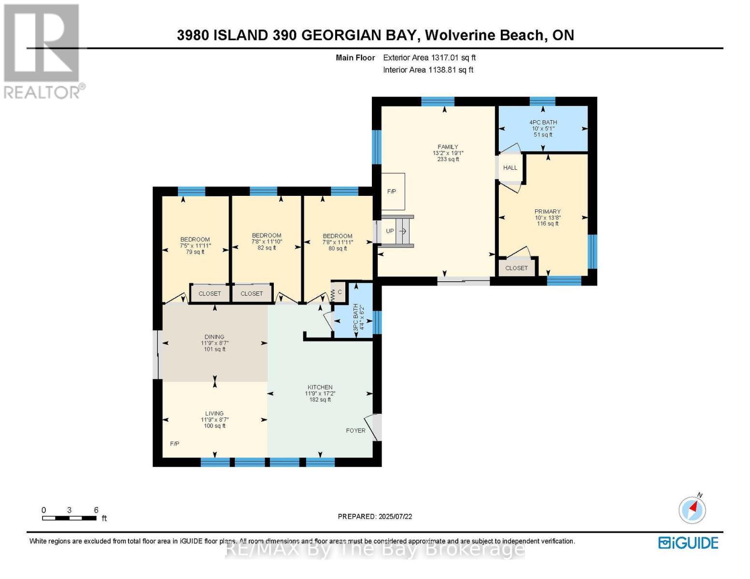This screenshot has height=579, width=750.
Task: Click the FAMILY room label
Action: click(x=448, y=147)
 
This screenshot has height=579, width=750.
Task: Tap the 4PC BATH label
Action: click(x=543, y=122)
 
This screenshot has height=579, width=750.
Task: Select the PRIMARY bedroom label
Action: click(x=547, y=211)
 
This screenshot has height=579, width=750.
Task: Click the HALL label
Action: click(x=510, y=167)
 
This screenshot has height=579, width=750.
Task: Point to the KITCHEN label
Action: click(x=320, y=387)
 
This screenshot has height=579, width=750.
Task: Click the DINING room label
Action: click(x=214, y=337)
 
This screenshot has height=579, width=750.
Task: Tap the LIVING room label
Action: click(x=214, y=413)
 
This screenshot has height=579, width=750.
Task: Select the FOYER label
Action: click(x=355, y=430)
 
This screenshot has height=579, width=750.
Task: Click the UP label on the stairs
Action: click(x=390, y=231)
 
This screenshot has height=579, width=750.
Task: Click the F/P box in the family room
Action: click(x=393, y=192)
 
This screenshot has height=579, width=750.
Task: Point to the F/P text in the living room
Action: click(x=175, y=443)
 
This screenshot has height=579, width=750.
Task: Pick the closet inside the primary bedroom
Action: click(x=517, y=268)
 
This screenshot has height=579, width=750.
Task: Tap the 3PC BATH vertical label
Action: click(x=358, y=317)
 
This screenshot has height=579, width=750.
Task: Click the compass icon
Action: click(x=692, y=510)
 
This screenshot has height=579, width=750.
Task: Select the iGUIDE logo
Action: click(x=688, y=543)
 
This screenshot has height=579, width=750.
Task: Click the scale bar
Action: click(x=69, y=518)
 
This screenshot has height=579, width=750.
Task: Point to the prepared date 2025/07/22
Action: click(x=395, y=516)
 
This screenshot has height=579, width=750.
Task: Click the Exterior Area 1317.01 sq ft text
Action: click(x=429, y=57)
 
